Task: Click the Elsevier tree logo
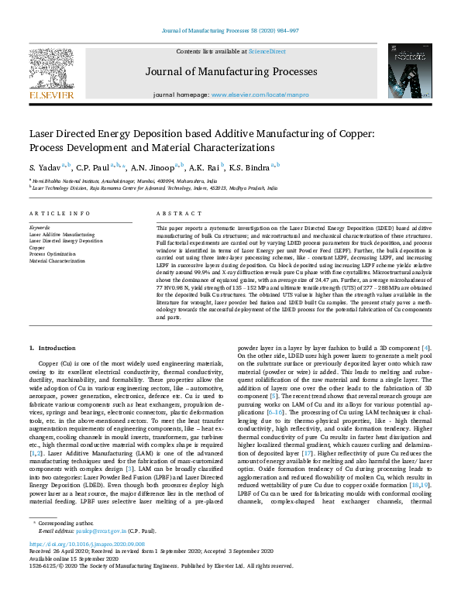coord(52,70)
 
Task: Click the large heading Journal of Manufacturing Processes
coord(230,73)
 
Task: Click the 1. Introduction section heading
coord(53,349)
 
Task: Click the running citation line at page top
coord(230,30)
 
